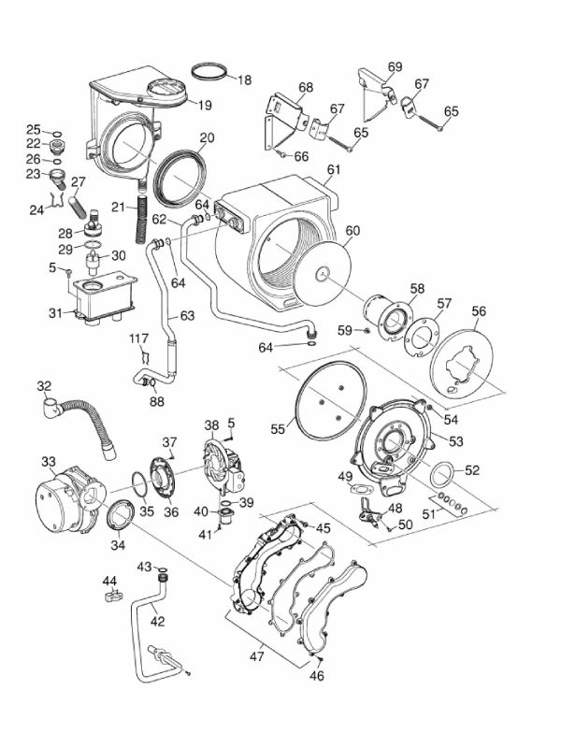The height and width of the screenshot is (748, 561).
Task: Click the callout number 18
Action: tap(244, 80)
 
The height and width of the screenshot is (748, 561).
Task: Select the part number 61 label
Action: tap(334, 169)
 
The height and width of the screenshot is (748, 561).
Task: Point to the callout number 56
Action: tap(478, 311)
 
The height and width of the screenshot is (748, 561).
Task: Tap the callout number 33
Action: tap(49, 461)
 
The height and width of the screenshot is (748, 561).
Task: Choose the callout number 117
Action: tap(139, 338)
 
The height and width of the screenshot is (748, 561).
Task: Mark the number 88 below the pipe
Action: tap(156, 403)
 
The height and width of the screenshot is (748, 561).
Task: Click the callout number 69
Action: tap(395, 66)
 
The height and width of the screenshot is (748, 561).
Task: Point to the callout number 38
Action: tap(212, 424)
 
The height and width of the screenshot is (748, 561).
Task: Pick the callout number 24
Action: tap(36, 210)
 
